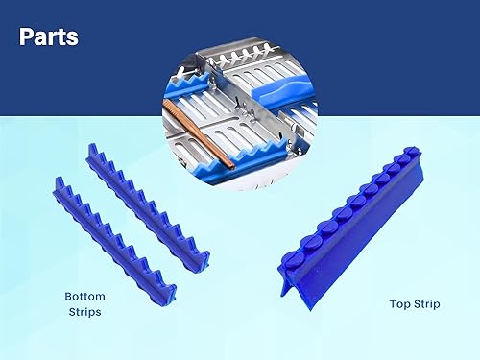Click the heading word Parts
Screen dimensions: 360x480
pyautogui.click(x=48, y=38)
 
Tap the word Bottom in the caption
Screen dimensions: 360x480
pyautogui.click(x=84, y=296)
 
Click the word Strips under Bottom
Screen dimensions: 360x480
pyautogui.click(x=84, y=313)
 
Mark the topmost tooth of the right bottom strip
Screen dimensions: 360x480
pyautogui.click(x=94, y=151)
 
